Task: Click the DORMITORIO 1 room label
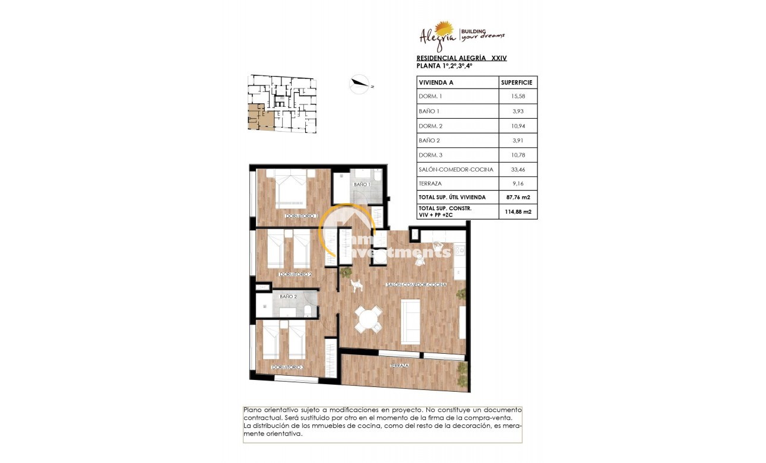[x=302, y=216]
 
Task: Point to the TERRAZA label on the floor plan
[x=399, y=366]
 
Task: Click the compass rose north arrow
[x=359, y=85]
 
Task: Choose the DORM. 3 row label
[x=431, y=155]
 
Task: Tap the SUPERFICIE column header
[x=517, y=82]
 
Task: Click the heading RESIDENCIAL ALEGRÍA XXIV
[x=461, y=58]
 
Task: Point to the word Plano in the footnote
[x=252, y=410]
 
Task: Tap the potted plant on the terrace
[x=462, y=370]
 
